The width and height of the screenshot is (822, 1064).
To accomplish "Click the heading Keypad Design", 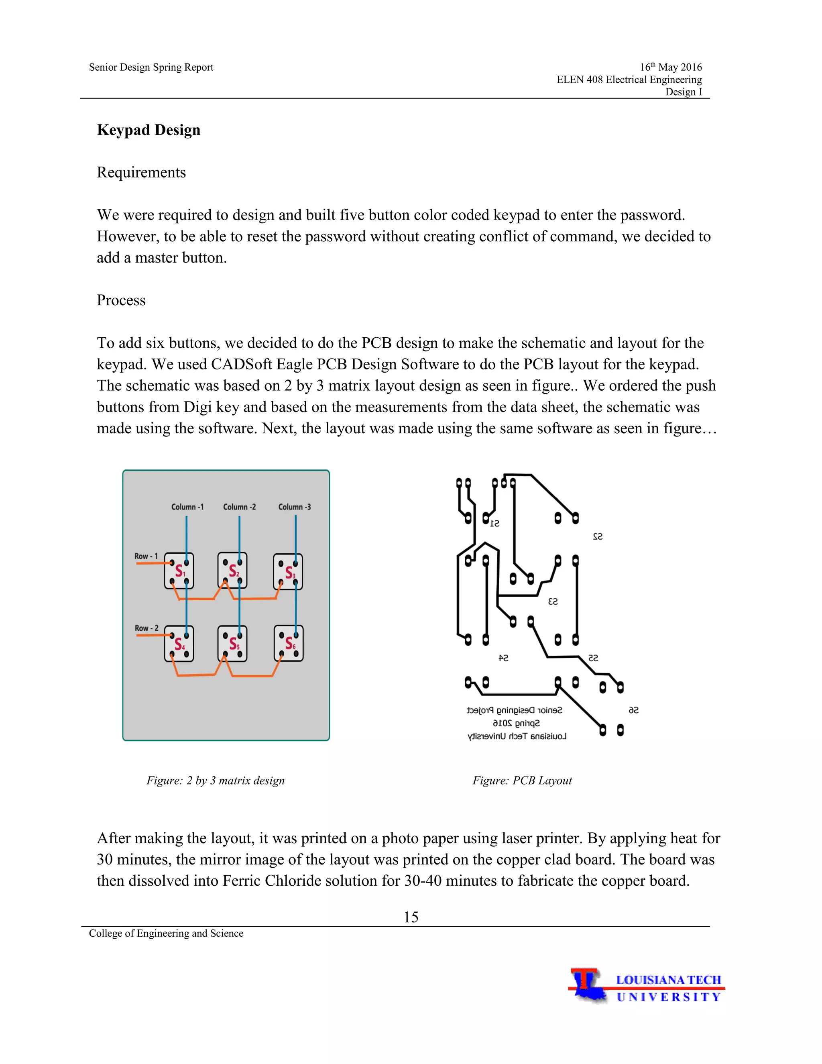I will pyautogui.click(x=149, y=130).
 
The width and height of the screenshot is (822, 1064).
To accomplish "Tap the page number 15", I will pyautogui.click(x=411, y=917).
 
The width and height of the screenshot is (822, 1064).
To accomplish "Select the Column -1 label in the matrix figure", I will pyautogui.click(x=187, y=507).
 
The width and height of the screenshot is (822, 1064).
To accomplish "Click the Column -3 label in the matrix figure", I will pyautogui.click(x=294, y=507).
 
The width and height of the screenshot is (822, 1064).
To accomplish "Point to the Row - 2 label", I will pyautogui.click(x=146, y=628).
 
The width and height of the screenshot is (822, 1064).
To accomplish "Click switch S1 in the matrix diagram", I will pyautogui.click(x=179, y=571).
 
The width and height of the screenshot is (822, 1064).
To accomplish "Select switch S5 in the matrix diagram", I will pyautogui.click(x=233, y=644).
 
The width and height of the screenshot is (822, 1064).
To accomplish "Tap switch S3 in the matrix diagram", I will pyautogui.click(x=288, y=571).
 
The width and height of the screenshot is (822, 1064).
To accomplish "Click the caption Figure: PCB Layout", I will pyautogui.click(x=521, y=781).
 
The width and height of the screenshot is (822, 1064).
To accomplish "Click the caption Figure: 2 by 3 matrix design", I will pyautogui.click(x=215, y=781).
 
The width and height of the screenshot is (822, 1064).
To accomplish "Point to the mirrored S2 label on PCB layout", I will pyautogui.click(x=598, y=536).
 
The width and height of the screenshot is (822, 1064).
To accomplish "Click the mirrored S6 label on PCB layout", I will pyautogui.click(x=633, y=710).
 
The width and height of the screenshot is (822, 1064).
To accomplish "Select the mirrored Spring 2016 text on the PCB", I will pyautogui.click(x=516, y=724).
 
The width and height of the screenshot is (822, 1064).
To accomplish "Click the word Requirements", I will pyautogui.click(x=141, y=173).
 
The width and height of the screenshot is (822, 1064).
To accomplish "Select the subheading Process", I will pyautogui.click(x=121, y=300).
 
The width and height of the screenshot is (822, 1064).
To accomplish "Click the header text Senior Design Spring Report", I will pyautogui.click(x=151, y=67).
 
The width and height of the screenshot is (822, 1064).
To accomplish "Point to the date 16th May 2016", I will pyautogui.click(x=671, y=67).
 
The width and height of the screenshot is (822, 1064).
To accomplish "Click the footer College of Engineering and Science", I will pyautogui.click(x=166, y=933).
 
